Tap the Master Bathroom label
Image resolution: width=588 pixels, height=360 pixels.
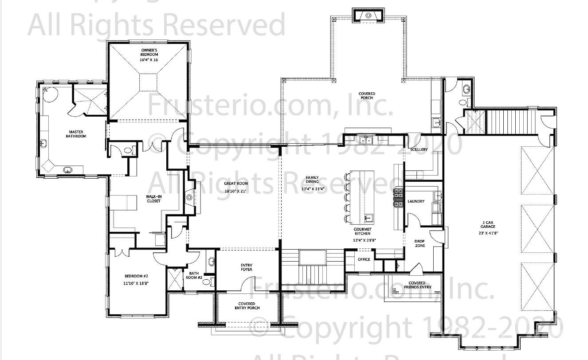[x=77, y=134]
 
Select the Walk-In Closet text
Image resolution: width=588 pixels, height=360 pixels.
[x=153, y=199]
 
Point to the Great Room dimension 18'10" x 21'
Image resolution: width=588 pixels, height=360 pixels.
[x=236, y=191]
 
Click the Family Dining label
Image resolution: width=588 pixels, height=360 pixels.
[x=312, y=180]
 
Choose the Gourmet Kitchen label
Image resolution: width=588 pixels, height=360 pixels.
[x=362, y=231]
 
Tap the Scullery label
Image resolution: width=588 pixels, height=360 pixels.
[x=419, y=149]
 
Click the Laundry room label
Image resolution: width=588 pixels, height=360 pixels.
[x=416, y=201]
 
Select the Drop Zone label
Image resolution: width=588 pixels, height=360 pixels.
[x=419, y=243]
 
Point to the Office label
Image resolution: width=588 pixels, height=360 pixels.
[x=364, y=259]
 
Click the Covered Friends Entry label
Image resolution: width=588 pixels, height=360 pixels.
[x=417, y=285]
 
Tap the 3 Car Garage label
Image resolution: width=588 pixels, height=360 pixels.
[x=489, y=224]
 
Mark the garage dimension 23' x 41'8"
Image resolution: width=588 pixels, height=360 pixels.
[x=489, y=233]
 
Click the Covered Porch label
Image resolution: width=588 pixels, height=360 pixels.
[x=367, y=95]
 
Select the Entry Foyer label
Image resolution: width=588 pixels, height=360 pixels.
[x=247, y=267]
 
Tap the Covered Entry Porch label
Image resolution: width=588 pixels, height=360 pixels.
[x=247, y=306]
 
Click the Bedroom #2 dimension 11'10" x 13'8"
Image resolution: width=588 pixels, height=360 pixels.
[x=136, y=283]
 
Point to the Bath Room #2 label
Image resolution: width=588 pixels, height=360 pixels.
[x=196, y=275]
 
